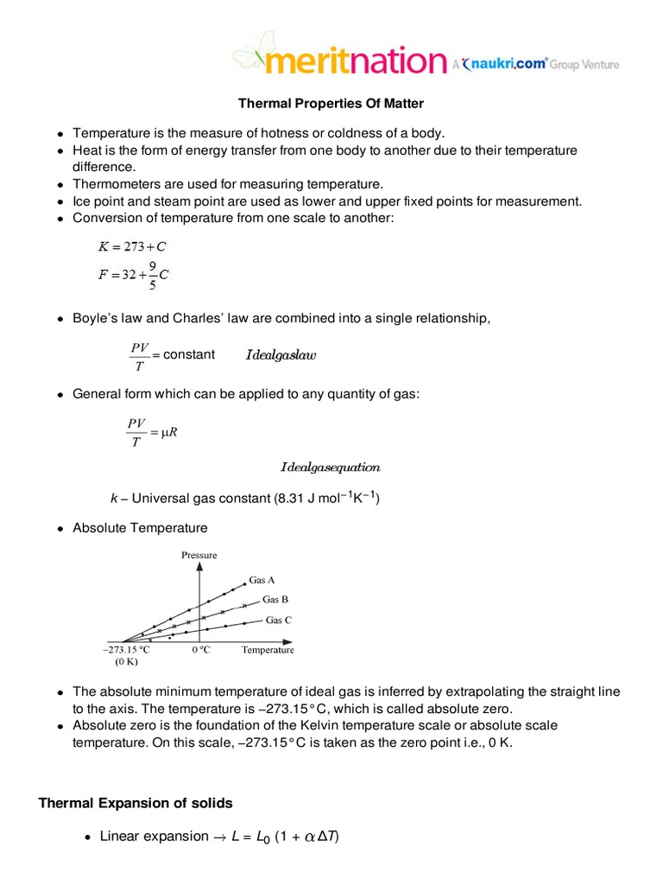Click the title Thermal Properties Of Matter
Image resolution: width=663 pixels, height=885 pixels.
331,104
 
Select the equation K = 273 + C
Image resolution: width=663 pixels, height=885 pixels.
132,246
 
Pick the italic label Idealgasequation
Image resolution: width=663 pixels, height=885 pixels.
330,468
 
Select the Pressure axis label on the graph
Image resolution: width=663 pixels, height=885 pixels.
199,554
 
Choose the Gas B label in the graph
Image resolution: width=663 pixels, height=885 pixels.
275,599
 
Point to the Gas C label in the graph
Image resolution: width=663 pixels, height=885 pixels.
278,620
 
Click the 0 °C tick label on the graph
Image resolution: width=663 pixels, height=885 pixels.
200,650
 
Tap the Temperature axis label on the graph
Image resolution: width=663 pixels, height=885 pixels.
268,650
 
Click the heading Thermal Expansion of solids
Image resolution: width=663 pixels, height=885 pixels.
136,803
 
